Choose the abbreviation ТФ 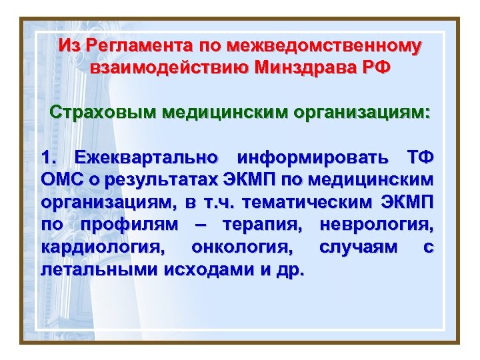420,158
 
